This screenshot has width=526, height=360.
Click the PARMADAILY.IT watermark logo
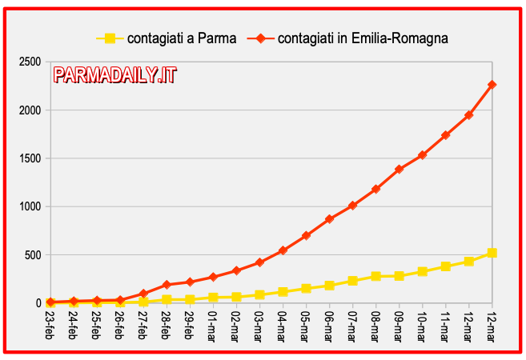pyautogui.click(x=115, y=75)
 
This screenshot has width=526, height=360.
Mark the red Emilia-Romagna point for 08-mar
pyautogui.click(x=375, y=189)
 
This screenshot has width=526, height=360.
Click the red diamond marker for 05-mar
pyautogui.click(x=306, y=236)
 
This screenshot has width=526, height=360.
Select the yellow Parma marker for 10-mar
pyautogui.click(x=422, y=272)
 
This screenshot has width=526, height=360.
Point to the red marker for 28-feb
pyautogui.click(x=167, y=285)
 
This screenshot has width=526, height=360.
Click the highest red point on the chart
pyautogui.click(x=492, y=85)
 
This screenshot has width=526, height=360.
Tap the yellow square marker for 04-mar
pyautogui.click(x=283, y=292)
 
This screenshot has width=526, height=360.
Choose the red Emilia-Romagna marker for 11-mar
pyautogui.click(x=445, y=135)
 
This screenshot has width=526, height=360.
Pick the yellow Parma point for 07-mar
pyautogui.click(x=352, y=281)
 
